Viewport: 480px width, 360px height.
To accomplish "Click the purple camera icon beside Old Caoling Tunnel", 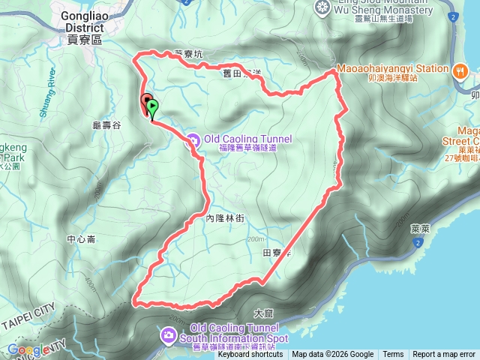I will point(192,139).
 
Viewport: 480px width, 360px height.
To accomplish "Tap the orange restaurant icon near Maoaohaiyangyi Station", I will point(460,70).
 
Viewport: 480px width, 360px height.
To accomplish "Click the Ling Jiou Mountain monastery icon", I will point(323,7).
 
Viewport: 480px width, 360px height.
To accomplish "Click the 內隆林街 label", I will point(225,217).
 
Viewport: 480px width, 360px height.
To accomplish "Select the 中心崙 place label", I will point(81,240).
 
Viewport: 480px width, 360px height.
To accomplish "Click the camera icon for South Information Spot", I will point(169,333).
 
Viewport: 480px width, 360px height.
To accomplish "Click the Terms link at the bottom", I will point(393,355).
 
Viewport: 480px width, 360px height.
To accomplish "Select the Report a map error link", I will point(444,355).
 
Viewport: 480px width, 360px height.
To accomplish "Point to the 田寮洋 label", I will point(276,253).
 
